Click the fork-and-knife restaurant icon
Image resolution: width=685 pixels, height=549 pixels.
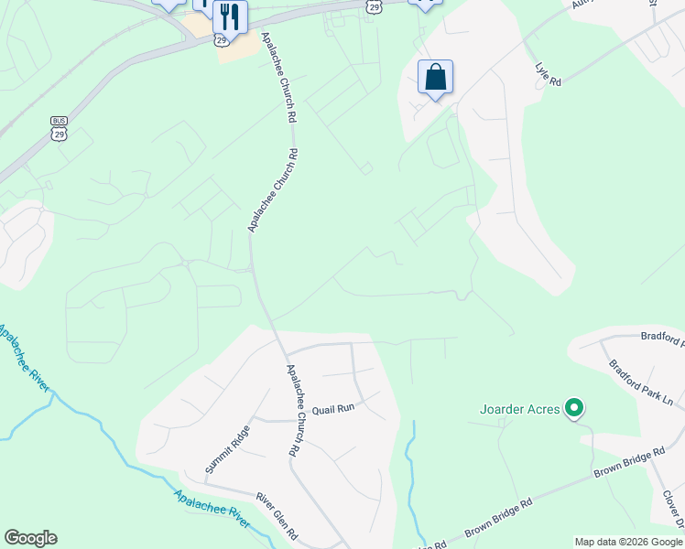(230, 16)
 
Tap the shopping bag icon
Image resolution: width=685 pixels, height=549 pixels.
(436, 77)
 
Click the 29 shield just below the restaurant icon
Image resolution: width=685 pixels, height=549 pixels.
(221, 39)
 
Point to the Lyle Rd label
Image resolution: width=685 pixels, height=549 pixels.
(548, 74)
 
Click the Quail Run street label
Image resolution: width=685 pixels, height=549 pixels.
(332, 410)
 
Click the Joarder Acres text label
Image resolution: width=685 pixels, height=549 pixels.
(519, 409)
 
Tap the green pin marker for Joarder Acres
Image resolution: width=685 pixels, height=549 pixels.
(574, 407)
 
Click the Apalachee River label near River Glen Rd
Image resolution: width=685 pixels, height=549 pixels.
(212, 508)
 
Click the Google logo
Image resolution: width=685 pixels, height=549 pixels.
(30, 538)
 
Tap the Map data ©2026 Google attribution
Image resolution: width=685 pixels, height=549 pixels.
(628, 542)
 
